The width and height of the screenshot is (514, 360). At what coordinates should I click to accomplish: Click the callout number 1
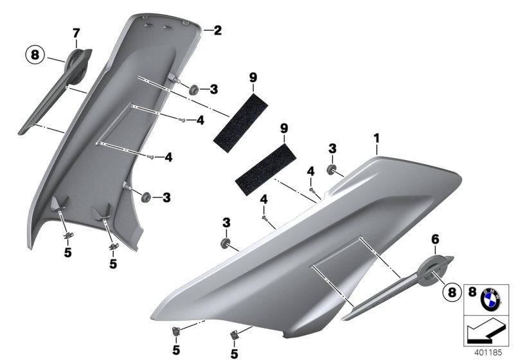377,138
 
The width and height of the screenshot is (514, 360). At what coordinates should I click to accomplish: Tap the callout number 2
217,30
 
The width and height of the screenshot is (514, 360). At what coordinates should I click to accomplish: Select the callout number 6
435,239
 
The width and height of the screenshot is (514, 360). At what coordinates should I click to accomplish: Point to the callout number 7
76,32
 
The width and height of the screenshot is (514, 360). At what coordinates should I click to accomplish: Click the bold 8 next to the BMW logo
472,292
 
